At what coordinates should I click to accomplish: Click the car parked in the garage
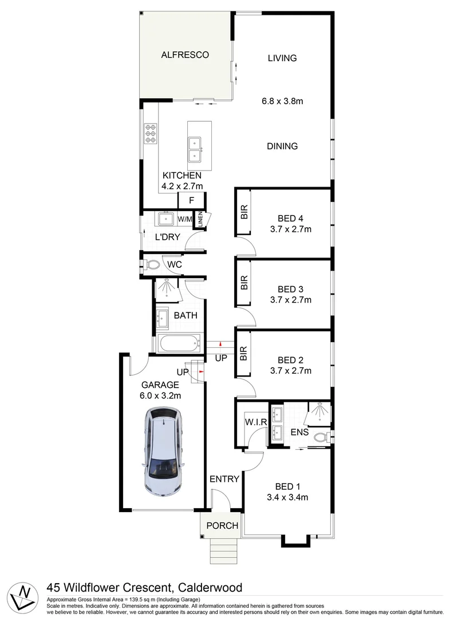pyautogui.click(x=162, y=451)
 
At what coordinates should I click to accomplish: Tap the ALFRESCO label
pyautogui.click(x=184, y=55)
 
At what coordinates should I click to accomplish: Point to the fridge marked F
pyautogui.click(x=191, y=200)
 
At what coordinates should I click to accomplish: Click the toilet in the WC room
pyautogui.click(x=152, y=265)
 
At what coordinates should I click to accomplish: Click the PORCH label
pyautogui.click(x=222, y=525)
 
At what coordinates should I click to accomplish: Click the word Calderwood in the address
pyautogui.click(x=210, y=587)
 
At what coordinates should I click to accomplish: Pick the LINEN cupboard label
pyautogui.click(x=201, y=220)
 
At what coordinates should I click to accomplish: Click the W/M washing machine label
pyautogui.click(x=184, y=219)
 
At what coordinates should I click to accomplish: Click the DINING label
pyautogui.click(x=282, y=146)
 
